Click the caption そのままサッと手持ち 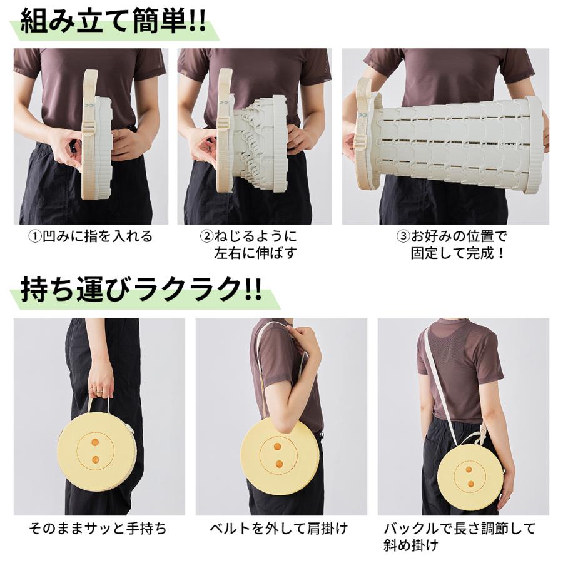[98, 529]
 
